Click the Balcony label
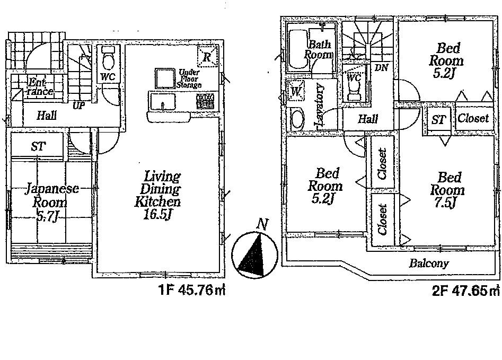coord(428,263)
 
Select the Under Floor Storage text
coord(189,78)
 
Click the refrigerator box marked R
coord(208,56)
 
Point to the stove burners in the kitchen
coord(205,100)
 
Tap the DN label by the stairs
coord(380,67)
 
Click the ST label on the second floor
coord(438,120)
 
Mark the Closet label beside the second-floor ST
coord(473,119)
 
